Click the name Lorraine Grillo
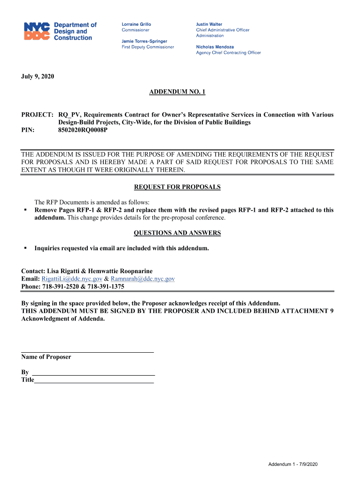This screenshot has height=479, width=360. coord(136,24)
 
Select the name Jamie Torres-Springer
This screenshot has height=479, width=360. coord(144,41)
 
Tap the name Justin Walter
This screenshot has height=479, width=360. coord(209,24)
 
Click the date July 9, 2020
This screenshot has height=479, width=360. coord(38,76)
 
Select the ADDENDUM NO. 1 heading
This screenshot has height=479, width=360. coord(177,92)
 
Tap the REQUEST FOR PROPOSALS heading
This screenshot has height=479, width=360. coord(177,187)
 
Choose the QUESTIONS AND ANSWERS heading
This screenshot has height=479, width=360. coord(177,233)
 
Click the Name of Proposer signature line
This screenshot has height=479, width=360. coord(87,351)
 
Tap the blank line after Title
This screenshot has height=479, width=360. coord(94,383)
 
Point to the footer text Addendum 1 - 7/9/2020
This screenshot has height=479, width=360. coord(293,464)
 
